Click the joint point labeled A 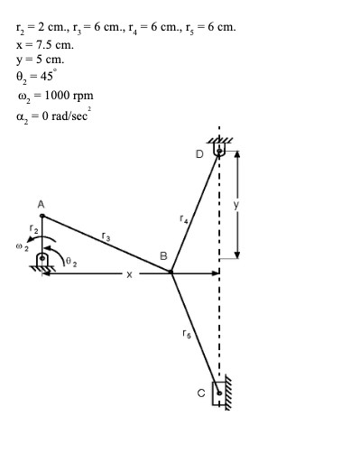[42, 216]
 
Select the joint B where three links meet [171, 271]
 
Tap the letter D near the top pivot [199, 154]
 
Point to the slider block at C [217, 393]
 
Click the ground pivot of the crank [42, 261]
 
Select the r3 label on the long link [106, 236]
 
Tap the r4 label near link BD [183, 217]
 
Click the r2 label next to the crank [33, 228]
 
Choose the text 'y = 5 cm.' [40, 60]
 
